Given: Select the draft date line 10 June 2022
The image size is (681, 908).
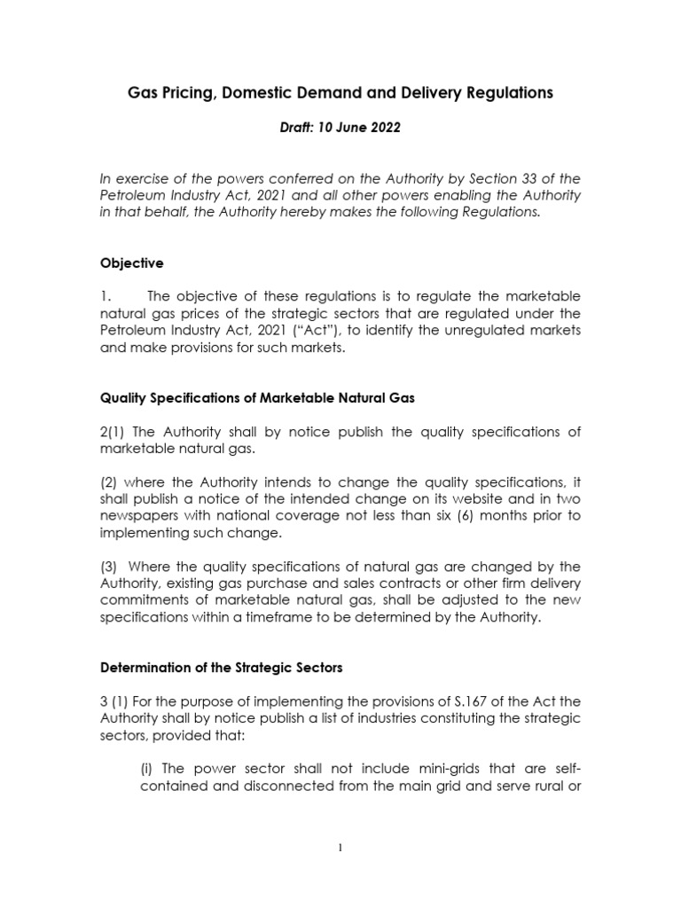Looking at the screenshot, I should [x=340, y=128].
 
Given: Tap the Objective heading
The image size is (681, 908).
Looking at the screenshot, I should [x=131, y=263].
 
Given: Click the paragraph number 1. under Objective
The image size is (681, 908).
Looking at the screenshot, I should [x=106, y=296].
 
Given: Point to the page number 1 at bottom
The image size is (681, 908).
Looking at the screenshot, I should [x=340, y=847].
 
